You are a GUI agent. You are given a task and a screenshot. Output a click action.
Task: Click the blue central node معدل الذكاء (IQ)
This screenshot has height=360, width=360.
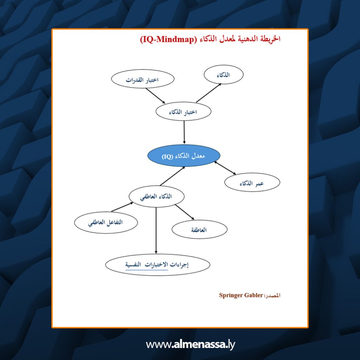pyautogui.click(x=184, y=156)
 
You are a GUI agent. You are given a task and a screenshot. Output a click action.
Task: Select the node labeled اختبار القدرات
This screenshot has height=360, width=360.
pyautogui.click(x=143, y=79)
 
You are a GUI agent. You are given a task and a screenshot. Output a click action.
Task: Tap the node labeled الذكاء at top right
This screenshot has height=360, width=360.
pyautogui.click(x=223, y=75)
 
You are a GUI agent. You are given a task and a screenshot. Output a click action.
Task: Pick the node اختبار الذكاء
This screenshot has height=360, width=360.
pyautogui.click(x=183, y=111)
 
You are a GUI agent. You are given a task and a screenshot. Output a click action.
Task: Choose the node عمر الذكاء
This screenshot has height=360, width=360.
pyautogui.click(x=252, y=182)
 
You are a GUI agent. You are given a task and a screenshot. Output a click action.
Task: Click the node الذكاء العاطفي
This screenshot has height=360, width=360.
pyautogui.click(x=156, y=197)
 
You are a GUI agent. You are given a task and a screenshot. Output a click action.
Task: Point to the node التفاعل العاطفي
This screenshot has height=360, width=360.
pyautogui.click(x=106, y=223)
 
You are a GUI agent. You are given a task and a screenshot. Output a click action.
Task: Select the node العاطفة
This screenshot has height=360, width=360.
pyautogui.click(x=200, y=229)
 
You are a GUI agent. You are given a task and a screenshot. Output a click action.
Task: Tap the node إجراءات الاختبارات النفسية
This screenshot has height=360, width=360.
pyautogui.click(x=157, y=265)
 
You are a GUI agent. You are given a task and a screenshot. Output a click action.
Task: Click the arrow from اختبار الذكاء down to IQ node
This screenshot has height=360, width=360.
pyautogui.click(x=184, y=133)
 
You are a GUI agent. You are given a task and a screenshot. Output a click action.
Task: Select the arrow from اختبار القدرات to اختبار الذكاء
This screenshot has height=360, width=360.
pyautogui.click(x=155, y=96)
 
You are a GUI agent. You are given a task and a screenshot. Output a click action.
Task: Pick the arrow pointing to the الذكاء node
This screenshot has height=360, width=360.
pyautogui.click(x=208, y=93)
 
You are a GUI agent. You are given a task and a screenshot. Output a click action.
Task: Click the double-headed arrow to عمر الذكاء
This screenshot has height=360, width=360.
pyautogui.click(x=225, y=168)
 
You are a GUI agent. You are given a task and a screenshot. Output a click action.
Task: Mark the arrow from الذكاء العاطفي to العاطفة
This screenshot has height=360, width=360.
pyautogui.click(x=185, y=212)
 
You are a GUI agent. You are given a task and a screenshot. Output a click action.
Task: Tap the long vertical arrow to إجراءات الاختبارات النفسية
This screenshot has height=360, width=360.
pyautogui.click(x=156, y=231)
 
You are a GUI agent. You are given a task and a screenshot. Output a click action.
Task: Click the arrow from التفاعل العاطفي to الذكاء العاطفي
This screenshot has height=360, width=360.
pyautogui.click(x=122, y=207)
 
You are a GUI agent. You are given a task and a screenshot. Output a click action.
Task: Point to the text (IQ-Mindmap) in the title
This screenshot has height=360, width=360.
pyautogui.click(x=168, y=39)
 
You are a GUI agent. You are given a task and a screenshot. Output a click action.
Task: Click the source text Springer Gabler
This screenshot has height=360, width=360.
pyautogui.click(x=241, y=295)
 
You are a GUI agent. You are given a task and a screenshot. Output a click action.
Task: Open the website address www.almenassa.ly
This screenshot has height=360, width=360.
pyautogui.click(x=191, y=345)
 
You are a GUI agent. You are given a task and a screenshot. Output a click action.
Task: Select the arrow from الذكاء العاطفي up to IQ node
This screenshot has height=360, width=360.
pyautogui.click(x=172, y=176)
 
